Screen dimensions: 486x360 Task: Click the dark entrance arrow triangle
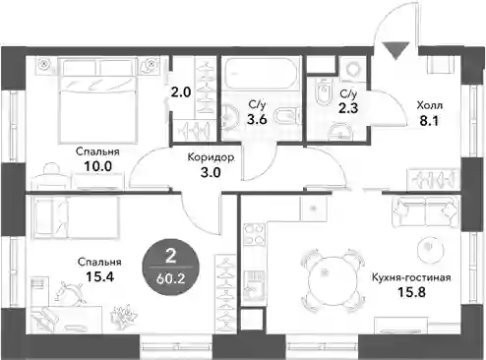(x=396, y=50)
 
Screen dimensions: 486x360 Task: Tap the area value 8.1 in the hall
(x=429, y=121)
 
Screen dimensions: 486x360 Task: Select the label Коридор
(x=211, y=157)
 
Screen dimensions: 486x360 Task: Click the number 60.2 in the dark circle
(x=171, y=278)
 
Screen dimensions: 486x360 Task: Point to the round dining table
(x=333, y=280)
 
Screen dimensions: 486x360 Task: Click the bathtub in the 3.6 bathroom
(x=261, y=74)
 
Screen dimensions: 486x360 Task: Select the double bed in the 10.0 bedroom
(x=97, y=100)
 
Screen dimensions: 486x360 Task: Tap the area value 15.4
(x=99, y=276)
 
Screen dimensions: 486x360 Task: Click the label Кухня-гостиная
(x=411, y=277)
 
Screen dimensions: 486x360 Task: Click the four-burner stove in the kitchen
(x=255, y=234)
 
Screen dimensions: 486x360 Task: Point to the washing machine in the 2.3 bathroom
(x=353, y=70)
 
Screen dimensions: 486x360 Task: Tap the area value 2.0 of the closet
(x=181, y=92)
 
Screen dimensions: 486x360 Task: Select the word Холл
(x=429, y=105)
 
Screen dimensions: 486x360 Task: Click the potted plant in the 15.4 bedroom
(x=125, y=316)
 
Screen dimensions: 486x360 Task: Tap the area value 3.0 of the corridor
(x=211, y=172)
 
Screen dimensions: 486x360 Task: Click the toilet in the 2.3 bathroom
(x=324, y=92)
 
